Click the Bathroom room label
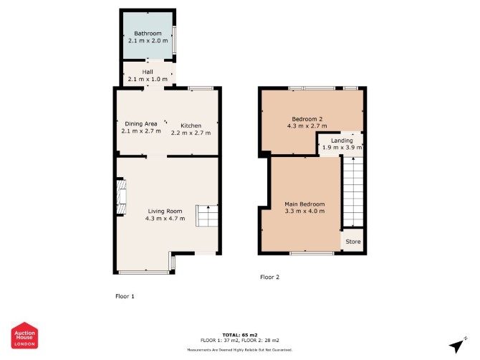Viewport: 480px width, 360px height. point(148,34)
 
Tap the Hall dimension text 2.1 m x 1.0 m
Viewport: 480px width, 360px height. point(148,79)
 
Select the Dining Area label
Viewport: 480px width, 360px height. point(141,124)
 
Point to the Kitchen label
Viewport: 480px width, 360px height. point(191,125)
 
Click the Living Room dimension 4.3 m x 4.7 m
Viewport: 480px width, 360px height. point(165,219)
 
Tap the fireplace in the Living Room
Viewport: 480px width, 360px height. point(121,196)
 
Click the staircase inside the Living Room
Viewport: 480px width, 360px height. point(207,216)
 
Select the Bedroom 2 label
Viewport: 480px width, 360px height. point(307,119)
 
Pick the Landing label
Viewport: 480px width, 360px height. point(342,141)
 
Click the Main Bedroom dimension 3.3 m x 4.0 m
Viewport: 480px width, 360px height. point(304,211)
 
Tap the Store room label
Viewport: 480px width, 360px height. point(353,242)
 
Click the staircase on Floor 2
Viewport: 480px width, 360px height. point(353,191)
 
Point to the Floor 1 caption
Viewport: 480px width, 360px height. point(125,296)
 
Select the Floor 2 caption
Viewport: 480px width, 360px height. point(269,277)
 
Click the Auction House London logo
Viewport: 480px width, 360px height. point(24,335)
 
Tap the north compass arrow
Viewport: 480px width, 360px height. point(458,345)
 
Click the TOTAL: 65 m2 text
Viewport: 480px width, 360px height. point(240,335)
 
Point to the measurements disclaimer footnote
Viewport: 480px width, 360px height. point(240,349)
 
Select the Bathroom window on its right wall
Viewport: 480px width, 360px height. point(174,39)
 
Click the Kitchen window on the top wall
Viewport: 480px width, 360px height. point(201,88)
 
